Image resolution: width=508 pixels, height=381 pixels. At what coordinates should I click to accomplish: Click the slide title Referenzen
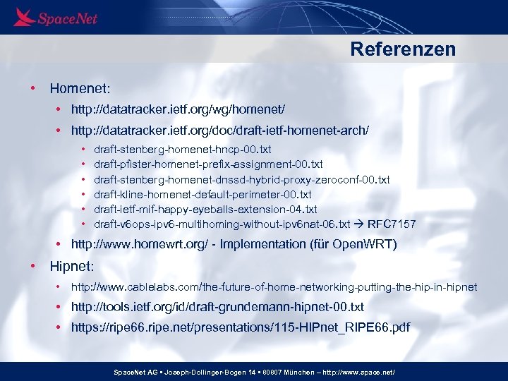tap(403, 49)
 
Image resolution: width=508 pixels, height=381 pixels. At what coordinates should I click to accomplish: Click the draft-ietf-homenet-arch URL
tap(219, 132)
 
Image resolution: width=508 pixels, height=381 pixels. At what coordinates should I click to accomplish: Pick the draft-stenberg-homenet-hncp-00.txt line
tap(182, 150)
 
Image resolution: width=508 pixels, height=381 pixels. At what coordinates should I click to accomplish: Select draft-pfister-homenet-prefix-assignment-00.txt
tap(208, 164)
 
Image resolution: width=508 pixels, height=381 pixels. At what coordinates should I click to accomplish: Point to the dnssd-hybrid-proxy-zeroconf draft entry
tap(241, 180)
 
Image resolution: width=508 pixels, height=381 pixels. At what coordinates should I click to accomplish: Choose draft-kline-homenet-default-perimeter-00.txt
tap(202, 195)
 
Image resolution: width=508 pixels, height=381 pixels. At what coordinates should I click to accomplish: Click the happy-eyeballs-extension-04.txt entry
tap(205, 210)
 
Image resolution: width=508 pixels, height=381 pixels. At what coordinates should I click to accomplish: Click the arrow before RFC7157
tap(358, 224)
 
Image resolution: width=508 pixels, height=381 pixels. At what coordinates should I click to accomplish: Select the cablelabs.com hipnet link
tap(274, 287)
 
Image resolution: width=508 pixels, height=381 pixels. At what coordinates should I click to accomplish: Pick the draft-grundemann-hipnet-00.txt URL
tap(217, 307)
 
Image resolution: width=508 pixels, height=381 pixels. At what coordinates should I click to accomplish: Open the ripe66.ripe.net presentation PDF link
tap(240, 328)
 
